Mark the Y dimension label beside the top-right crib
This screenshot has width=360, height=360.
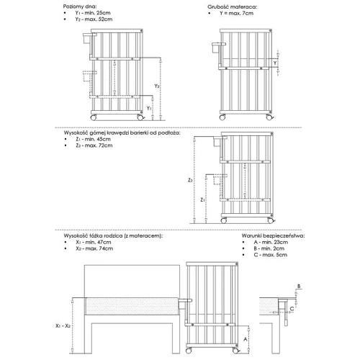click(x=276, y=63)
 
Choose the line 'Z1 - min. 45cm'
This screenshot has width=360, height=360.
click(x=94, y=140)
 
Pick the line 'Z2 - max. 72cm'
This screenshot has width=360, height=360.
click(x=94, y=147)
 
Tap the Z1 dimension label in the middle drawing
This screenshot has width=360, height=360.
click(x=202, y=199)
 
